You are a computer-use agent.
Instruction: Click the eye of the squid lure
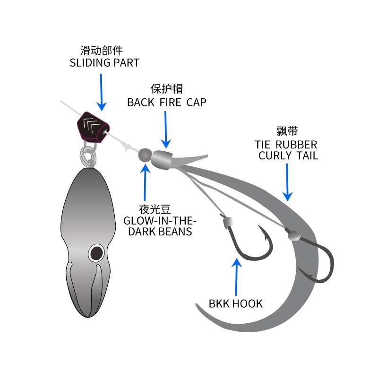click(x=96, y=253)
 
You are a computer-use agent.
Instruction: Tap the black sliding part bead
click(x=93, y=126)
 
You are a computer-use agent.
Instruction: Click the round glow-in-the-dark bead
click(x=145, y=155)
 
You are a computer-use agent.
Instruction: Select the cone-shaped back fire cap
click(x=162, y=160)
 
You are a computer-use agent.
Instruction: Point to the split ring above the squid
click(x=88, y=155)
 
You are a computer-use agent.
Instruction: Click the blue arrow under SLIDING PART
click(x=102, y=92)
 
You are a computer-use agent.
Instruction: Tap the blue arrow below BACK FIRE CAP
click(x=166, y=129)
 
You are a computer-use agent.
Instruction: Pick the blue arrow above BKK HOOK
click(x=237, y=276)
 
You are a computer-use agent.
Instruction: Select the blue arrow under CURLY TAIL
click(x=287, y=182)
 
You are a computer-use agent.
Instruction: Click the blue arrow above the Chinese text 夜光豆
click(x=145, y=182)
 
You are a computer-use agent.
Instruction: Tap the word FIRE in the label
click(x=171, y=103)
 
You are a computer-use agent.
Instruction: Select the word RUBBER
click(x=296, y=145)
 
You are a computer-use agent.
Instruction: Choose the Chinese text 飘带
click(x=287, y=131)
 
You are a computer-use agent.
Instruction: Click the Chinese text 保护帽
click(x=167, y=89)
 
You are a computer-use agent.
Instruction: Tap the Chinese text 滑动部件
click(x=102, y=51)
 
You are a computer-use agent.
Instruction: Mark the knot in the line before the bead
click(x=125, y=146)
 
